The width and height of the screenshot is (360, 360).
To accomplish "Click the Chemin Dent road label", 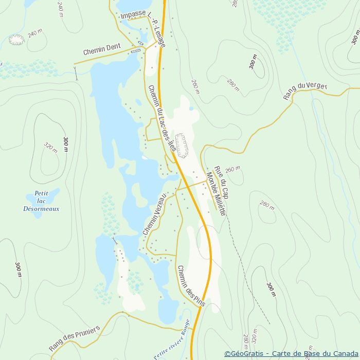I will pyautogui.click(x=102, y=49).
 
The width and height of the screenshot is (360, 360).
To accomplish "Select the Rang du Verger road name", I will pyautogui.click(x=305, y=91).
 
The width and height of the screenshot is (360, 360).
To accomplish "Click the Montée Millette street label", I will pyautogui.click(x=215, y=193).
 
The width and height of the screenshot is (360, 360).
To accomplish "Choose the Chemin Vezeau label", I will pyautogui.click(x=154, y=214).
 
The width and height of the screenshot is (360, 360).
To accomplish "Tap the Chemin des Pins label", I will pyautogui.click(x=191, y=286).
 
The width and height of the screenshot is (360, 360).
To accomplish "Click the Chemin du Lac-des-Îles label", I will pyautogui.click(x=162, y=121).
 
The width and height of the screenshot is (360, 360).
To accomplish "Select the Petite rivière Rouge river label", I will pyautogui.click(x=172, y=340).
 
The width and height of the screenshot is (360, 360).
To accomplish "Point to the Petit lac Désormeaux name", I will pyautogui.click(x=41, y=201).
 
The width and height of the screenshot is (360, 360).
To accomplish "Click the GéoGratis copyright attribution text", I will pyautogui.click(x=291, y=354).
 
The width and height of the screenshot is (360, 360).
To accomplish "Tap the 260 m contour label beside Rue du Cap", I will pyautogui.click(x=233, y=169).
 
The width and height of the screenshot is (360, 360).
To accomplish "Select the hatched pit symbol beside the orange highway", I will pyautogui.click(x=182, y=146).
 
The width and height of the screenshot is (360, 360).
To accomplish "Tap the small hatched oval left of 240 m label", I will pyautogui.click(x=16, y=40).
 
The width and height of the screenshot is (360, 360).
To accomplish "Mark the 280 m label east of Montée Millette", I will pyautogui.click(x=267, y=205).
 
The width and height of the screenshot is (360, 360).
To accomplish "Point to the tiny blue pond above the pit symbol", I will pyautogui.click(x=191, y=109).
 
